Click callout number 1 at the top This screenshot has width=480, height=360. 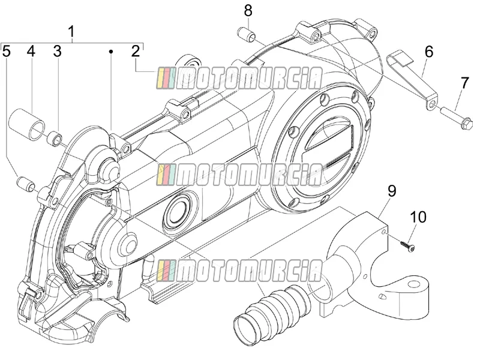coord(71,32)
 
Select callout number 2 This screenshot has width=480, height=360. coord(136,51)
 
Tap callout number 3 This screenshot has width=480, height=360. coord(57,51)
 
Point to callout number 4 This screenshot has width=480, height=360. coord(31,51)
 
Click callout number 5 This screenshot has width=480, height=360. coord(7,51)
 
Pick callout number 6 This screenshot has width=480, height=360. coord(429,52)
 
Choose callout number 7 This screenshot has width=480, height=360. coord(464,83)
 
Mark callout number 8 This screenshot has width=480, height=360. coord(248,11)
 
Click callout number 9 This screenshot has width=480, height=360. coord(392,191)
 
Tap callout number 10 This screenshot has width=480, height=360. coord(418,217)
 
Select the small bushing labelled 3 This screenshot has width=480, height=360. coord(55,138)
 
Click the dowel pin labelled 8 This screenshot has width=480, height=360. coord(247,34)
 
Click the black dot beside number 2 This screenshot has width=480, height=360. coord(112,52)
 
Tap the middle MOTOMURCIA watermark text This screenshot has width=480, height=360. coord(239,175)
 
